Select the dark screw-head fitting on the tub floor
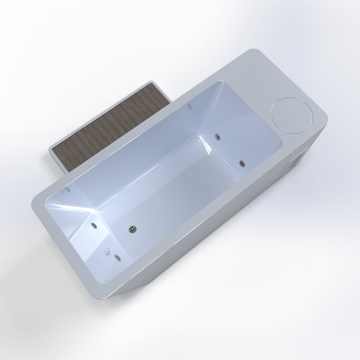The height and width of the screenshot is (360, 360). pyautogui.click(x=133, y=229)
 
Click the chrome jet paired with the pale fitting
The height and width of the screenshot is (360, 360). pyautogui.click(x=117, y=257)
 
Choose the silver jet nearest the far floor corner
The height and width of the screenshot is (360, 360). pyautogui.click(x=217, y=136)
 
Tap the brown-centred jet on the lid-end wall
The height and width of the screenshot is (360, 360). pyautogui.click(x=242, y=163)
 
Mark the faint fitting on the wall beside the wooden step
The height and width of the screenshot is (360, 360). pyautogui.click(x=190, y=107)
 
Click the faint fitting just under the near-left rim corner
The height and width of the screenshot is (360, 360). pyautogui.click(x=68, y=190)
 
